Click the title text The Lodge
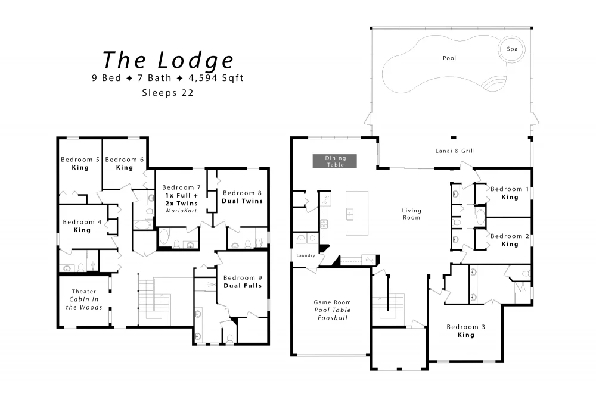pos(168,60)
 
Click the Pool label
pos(449,58)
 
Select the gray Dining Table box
pos(335,161)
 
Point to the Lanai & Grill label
pos(455,151)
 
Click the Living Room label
pos(412,214)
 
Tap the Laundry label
pos(306,255)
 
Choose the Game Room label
pos(332,302)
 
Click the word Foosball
pos(333,318)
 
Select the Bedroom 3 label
pos(465,327)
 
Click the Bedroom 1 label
pos(510,189)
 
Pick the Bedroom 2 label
pos(510,236)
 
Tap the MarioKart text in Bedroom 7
pos(181,211)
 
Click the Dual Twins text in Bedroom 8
pos(243,201)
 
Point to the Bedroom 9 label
pos(243,278)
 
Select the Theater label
pos(84,292)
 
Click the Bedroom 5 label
pos(80,160)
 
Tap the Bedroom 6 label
pos(125,160)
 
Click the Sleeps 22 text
pos(167,93)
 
